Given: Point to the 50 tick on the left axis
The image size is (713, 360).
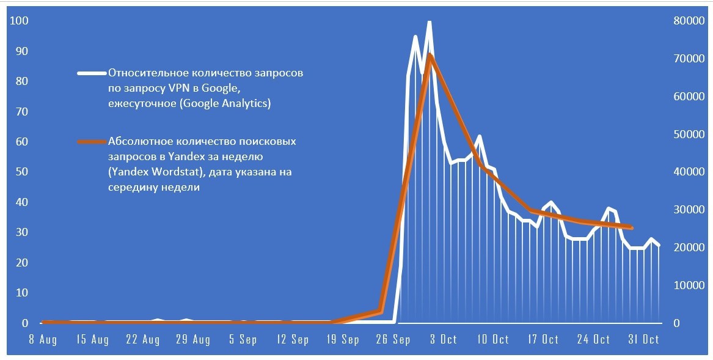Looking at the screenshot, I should [21, 172].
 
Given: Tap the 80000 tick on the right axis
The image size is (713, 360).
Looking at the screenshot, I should [684, 21].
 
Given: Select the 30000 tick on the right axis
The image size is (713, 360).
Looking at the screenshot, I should [684, 210].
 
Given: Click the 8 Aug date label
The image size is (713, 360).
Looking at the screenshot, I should [43, 340].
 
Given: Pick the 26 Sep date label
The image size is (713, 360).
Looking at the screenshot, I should [393, 340].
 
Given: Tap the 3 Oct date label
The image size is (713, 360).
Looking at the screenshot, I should [443, 340].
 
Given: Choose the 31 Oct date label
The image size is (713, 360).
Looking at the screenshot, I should [644, 340].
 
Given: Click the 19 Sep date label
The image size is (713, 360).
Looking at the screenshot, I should [343, 340].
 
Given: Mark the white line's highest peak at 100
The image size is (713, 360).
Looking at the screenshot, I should [430, 22].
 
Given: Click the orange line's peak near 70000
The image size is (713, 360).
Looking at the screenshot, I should [430, 56].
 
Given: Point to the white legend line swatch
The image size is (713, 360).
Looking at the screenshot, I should [92, 73].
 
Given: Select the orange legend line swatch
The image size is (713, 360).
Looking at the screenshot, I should [92, 142].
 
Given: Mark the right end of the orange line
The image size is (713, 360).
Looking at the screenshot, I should [632, 228].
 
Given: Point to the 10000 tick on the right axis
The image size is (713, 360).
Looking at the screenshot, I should [684, 285].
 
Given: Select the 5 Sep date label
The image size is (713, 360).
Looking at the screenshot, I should [243, 340].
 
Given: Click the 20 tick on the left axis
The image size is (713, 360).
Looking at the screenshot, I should [21, 262].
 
